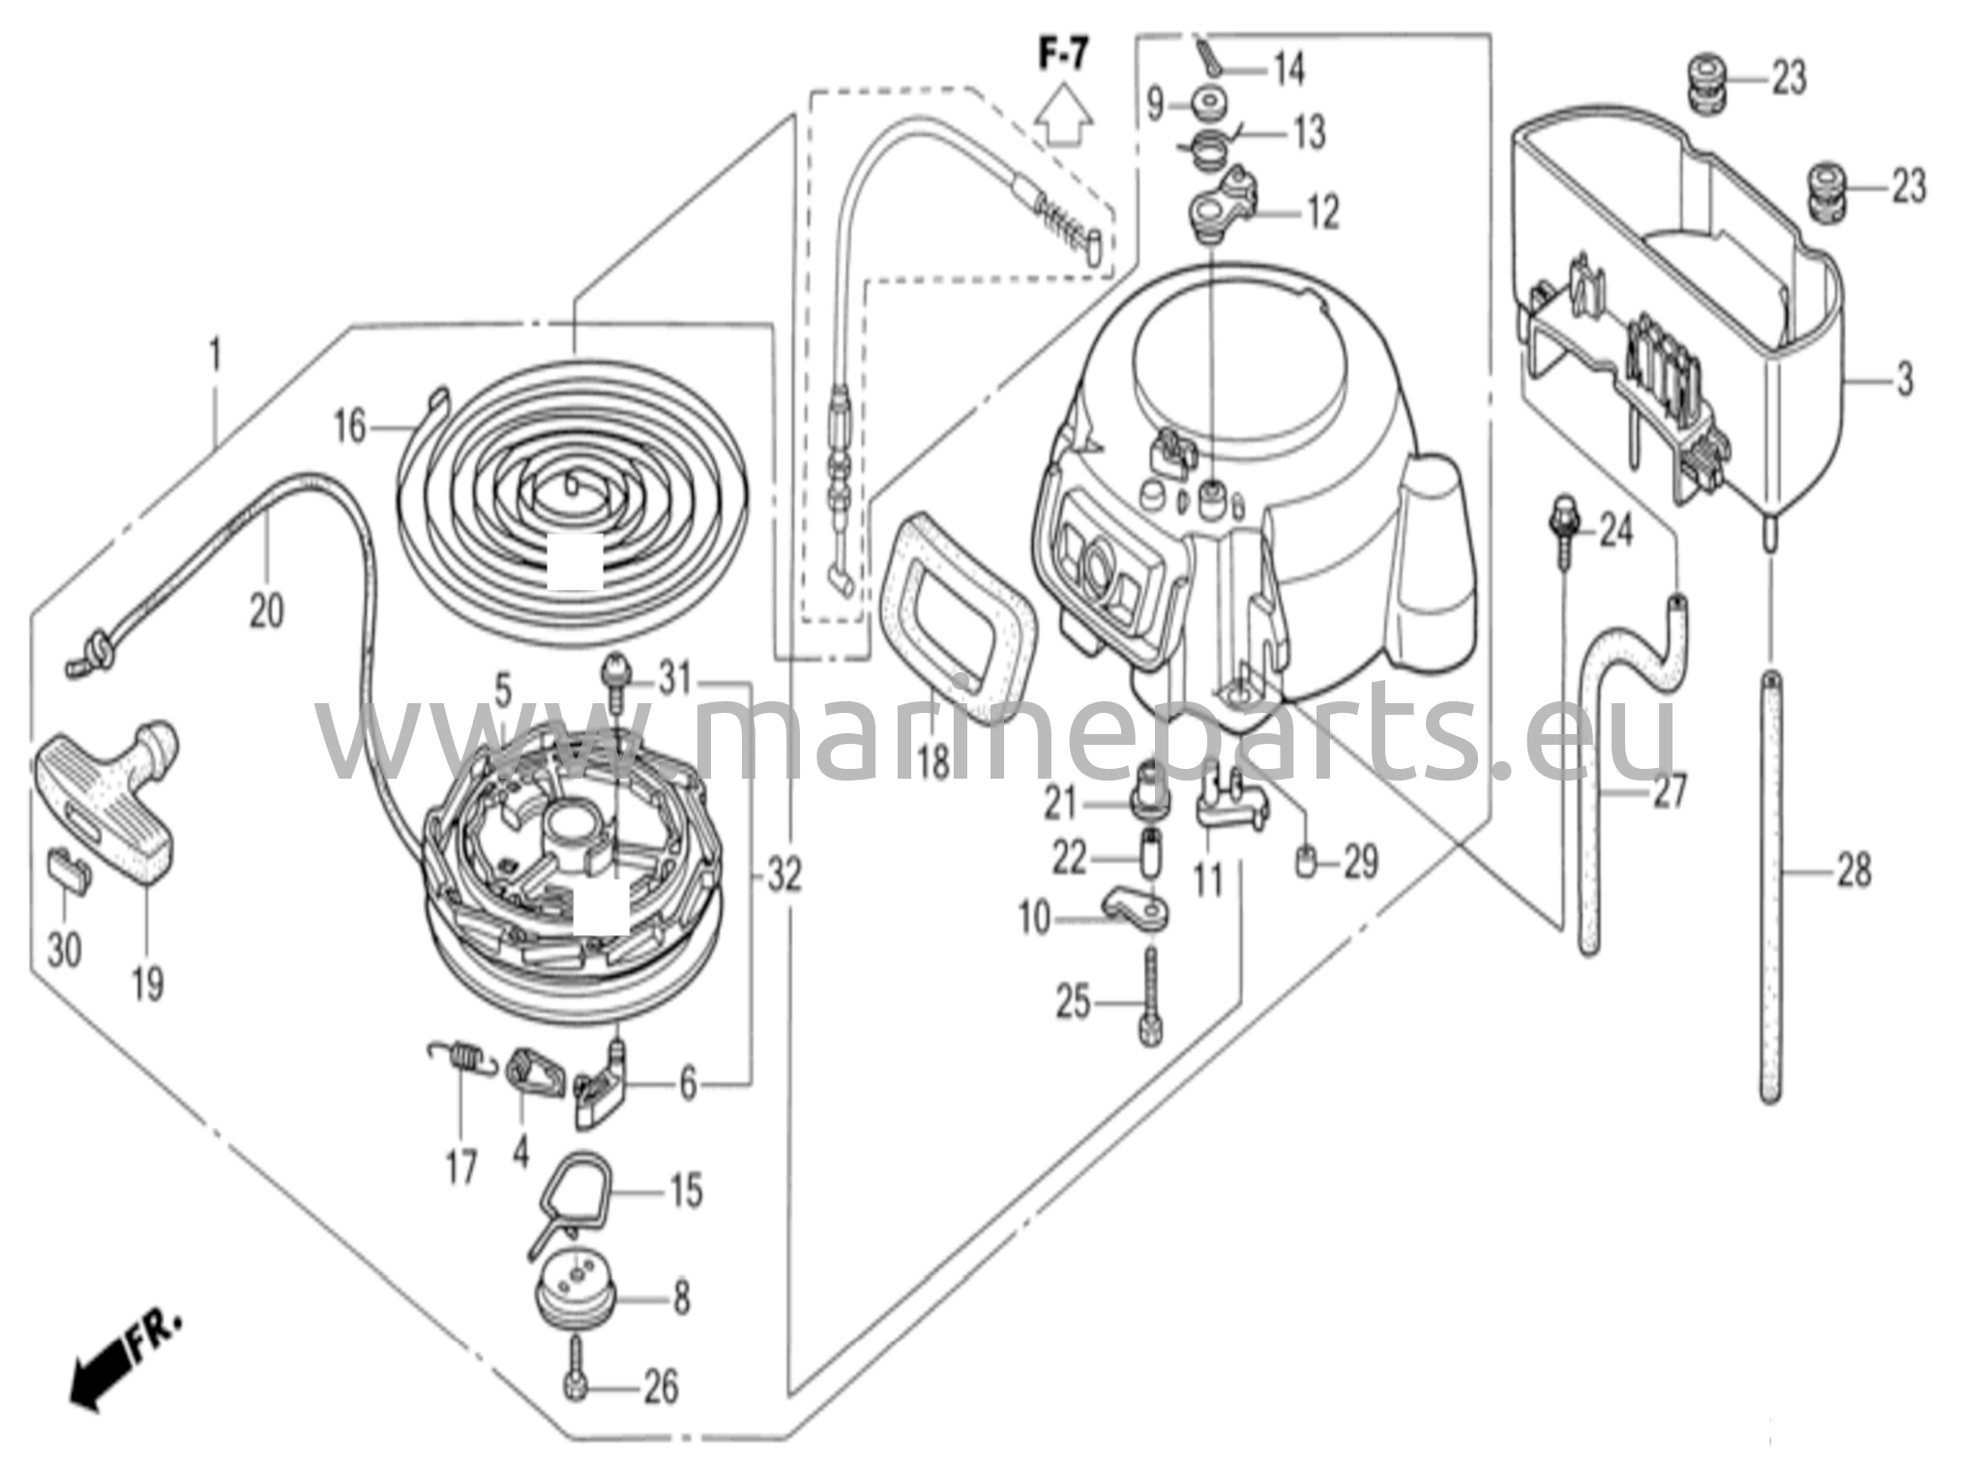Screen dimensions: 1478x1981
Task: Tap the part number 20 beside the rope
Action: point(266,611)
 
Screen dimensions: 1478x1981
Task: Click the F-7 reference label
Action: point(1062,56)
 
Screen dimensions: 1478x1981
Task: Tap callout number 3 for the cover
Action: point(1904,380)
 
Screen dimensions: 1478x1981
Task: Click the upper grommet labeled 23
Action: point(1708,79)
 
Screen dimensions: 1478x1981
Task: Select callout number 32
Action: point(784,876)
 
